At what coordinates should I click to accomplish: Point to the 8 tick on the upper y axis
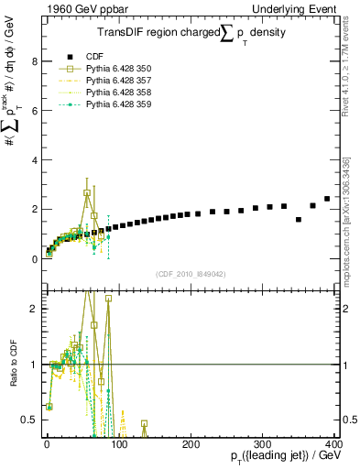(34, 62)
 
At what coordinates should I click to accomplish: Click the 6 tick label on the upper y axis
(34, 111)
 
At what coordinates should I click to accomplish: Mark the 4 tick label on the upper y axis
(34, 160)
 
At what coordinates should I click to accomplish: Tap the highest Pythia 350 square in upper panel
(87, 193)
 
